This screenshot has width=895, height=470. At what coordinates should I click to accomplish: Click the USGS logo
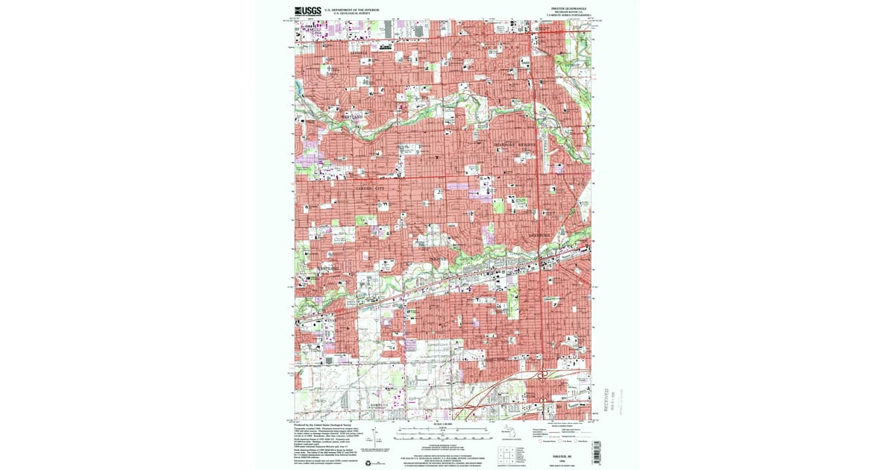307,11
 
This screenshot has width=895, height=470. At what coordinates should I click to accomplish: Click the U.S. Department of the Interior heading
351,10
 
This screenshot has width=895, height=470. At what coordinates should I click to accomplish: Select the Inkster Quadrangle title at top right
572,8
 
